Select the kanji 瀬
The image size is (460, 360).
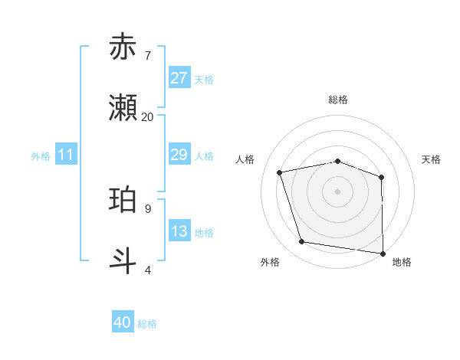point(123,108)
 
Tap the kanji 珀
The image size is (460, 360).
point(123,200)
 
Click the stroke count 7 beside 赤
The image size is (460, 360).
point(148,55)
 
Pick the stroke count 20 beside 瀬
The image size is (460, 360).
point(148,116)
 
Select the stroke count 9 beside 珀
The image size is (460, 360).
point(148,208)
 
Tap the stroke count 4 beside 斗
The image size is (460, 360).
point(148,270)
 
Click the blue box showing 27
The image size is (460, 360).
point(179,78)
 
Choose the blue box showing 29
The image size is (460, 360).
point(179,155)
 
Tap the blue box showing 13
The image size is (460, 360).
point(179,231)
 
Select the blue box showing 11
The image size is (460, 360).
point(66,155)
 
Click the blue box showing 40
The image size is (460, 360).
point(123,322)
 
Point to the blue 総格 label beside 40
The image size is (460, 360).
point(147,324)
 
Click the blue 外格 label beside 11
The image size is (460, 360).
point(41,156)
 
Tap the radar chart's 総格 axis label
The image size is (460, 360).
point(338,100)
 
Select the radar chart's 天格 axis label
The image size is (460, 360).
point(432,159)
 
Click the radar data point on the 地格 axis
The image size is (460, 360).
point(383,253)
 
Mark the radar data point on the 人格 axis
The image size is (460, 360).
point(280,172)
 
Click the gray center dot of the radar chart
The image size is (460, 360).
point(338,191)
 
